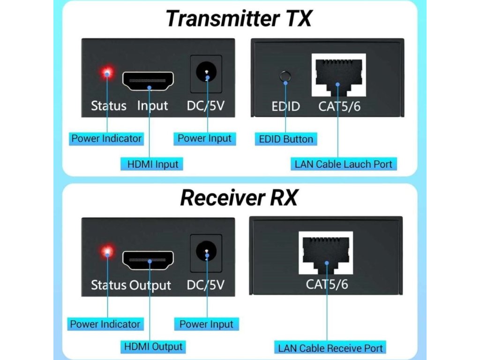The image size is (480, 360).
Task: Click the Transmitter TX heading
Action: point(239,19)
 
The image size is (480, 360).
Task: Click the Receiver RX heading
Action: point(239,197)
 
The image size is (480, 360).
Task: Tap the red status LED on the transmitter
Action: point(107,73)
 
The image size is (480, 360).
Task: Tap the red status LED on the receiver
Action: point(107,252)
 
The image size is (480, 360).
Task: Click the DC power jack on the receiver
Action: point(206,253)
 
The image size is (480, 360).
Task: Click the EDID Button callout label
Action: point(286,139)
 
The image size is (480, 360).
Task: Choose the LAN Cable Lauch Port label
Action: point(344,165)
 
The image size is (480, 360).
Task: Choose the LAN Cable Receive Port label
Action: point(330,348)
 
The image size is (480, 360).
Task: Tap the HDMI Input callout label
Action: point(153,164)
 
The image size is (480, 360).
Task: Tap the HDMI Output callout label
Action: point(153,347)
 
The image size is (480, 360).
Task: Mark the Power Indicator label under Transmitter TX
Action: point(106,138)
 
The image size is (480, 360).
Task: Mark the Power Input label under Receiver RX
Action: point(206,324)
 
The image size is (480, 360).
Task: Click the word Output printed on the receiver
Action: point(150,285)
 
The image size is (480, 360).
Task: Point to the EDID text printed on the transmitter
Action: point(285,106)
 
